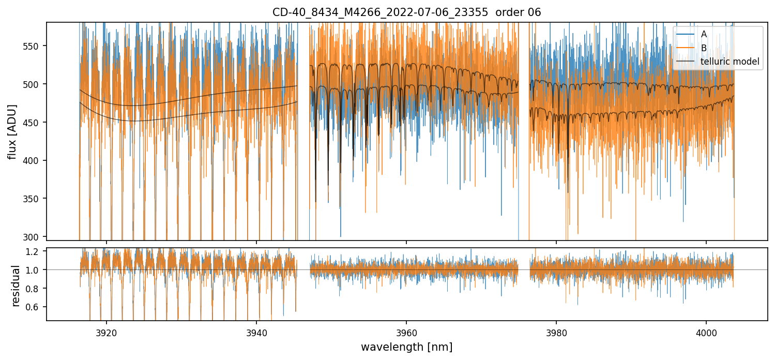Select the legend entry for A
[704, 34]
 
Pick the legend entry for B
[704, 48]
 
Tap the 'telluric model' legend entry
[730, 62]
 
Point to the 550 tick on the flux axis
[35, 46]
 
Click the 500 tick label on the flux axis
[35, 84]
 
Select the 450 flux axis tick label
[35, 123]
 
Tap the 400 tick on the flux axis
[35, 161]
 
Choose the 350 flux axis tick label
[35, 199]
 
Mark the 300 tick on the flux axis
[35, 237]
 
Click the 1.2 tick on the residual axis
[37, 252]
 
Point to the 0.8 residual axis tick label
[37, 289]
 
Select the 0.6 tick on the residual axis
[37, 307]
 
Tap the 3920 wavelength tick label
[107, 332]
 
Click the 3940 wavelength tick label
[256, 332]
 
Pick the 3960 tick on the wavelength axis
[406, 332]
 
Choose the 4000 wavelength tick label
[706, 332]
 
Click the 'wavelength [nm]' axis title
[406, 347]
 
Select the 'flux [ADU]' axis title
[12, 131]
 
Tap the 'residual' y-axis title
[16, 286]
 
